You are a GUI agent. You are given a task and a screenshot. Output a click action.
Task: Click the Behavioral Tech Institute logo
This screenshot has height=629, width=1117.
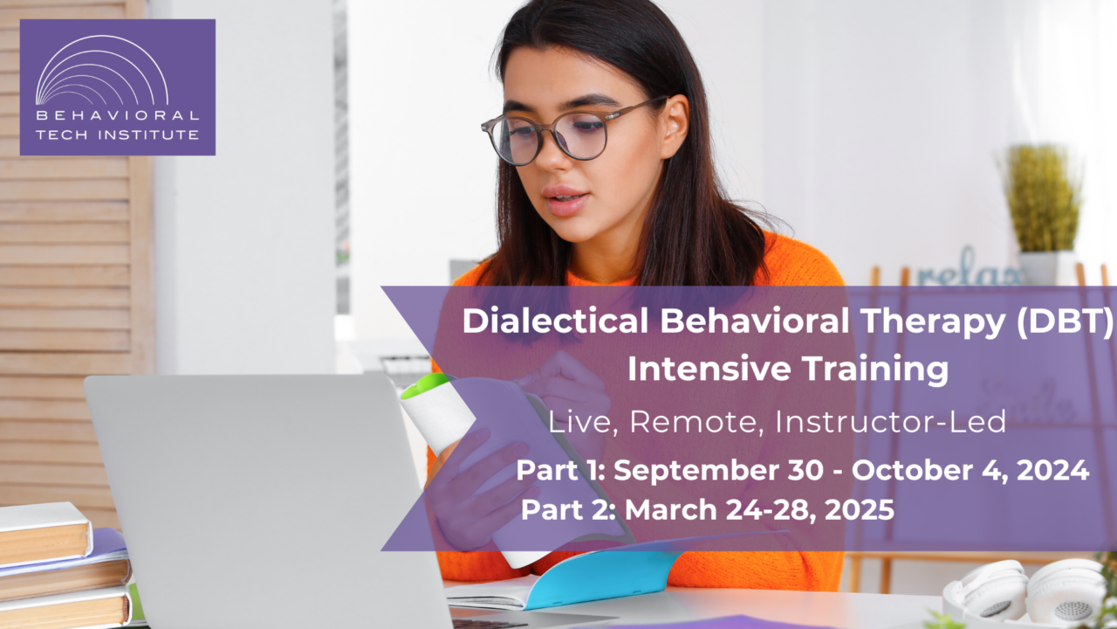pyautogui.click(x=117, y=87)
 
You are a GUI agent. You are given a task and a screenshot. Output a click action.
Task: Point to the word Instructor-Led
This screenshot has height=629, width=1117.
pyautogui.click(x=891, y=423)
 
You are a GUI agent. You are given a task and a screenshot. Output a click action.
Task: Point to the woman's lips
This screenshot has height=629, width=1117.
pyautogui.click(x=566, y=198)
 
